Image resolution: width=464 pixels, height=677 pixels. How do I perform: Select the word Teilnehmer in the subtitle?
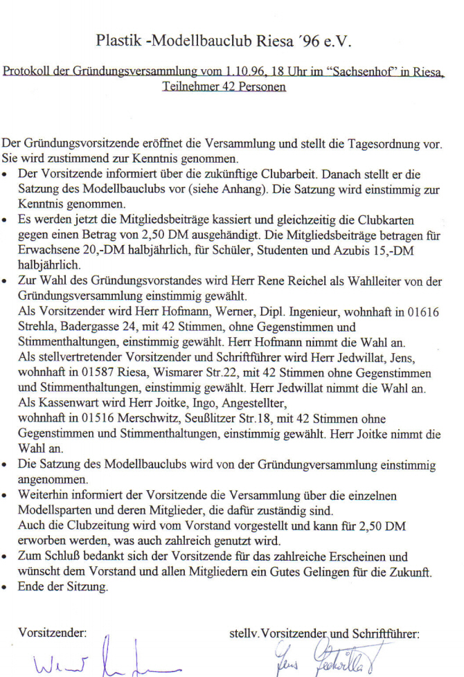click(189, 87)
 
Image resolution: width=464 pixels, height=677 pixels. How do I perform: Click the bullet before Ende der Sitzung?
click(6, 588)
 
